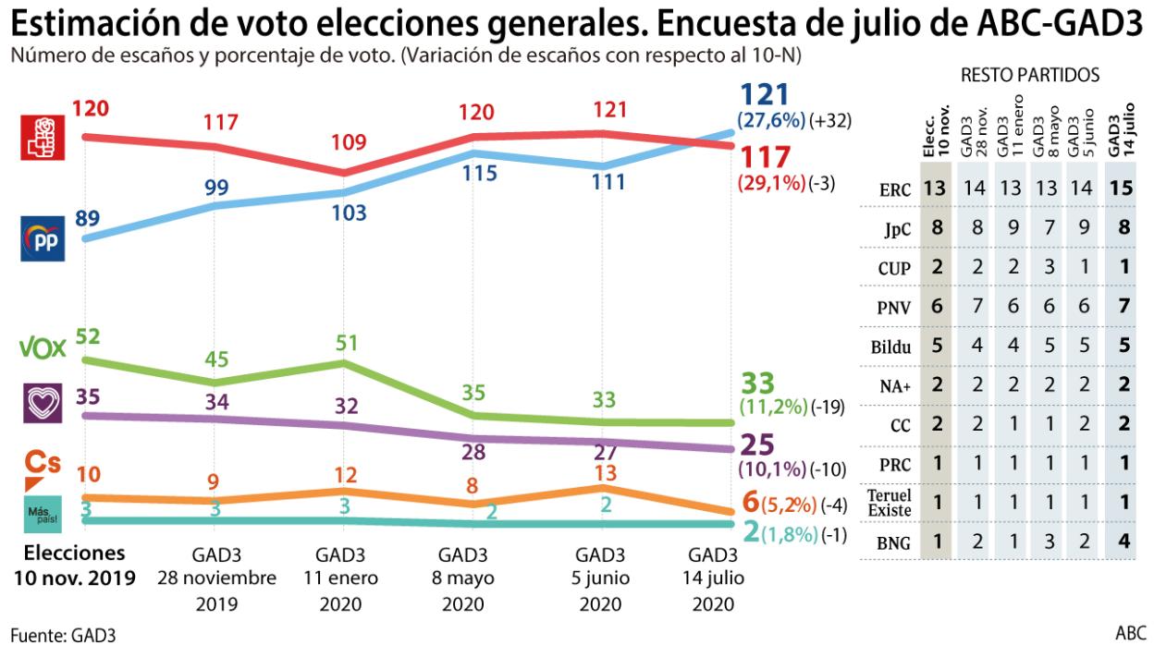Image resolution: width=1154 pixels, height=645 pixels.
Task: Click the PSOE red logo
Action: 43,138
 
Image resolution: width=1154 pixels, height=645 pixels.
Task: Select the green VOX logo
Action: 42,348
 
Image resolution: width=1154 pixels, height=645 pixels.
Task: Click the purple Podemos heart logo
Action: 43,403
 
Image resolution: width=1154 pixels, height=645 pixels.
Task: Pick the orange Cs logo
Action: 43,467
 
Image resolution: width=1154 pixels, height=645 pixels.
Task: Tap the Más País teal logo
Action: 43,514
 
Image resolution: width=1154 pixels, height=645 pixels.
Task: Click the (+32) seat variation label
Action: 829,120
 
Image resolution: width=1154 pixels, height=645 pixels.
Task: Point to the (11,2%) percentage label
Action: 773,408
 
